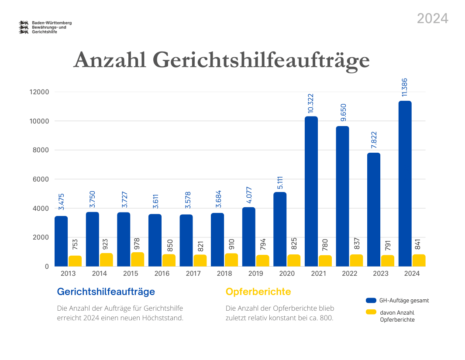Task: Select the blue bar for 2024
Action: click(405, 183)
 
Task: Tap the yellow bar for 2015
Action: click(138, 259)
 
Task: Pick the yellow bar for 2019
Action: click(262, 261)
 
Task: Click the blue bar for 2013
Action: click(61, 241)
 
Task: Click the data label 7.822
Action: click(374, 141)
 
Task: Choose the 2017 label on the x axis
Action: click(193, 274)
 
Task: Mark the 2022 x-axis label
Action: click(350, 274)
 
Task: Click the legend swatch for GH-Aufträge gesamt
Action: click(371, 300)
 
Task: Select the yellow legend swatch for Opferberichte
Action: click(371, 312)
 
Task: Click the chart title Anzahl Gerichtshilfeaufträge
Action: click(221, 60)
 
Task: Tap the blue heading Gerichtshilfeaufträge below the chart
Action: click(106, 291)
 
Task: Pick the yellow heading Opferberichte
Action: click(258, 291)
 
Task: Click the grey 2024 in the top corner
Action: click(432, 18)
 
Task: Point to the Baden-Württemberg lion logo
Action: click(24, 27)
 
